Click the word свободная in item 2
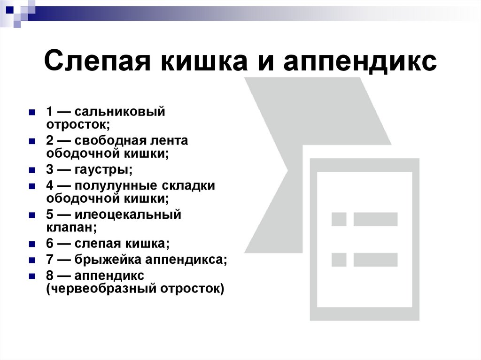point(113,141)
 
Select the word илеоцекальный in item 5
point(127,215)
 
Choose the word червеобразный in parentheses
point(101,288)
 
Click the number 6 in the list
point(49,244)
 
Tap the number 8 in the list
point(49,275)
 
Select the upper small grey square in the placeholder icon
point(339,219)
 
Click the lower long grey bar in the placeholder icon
point(375,260)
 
